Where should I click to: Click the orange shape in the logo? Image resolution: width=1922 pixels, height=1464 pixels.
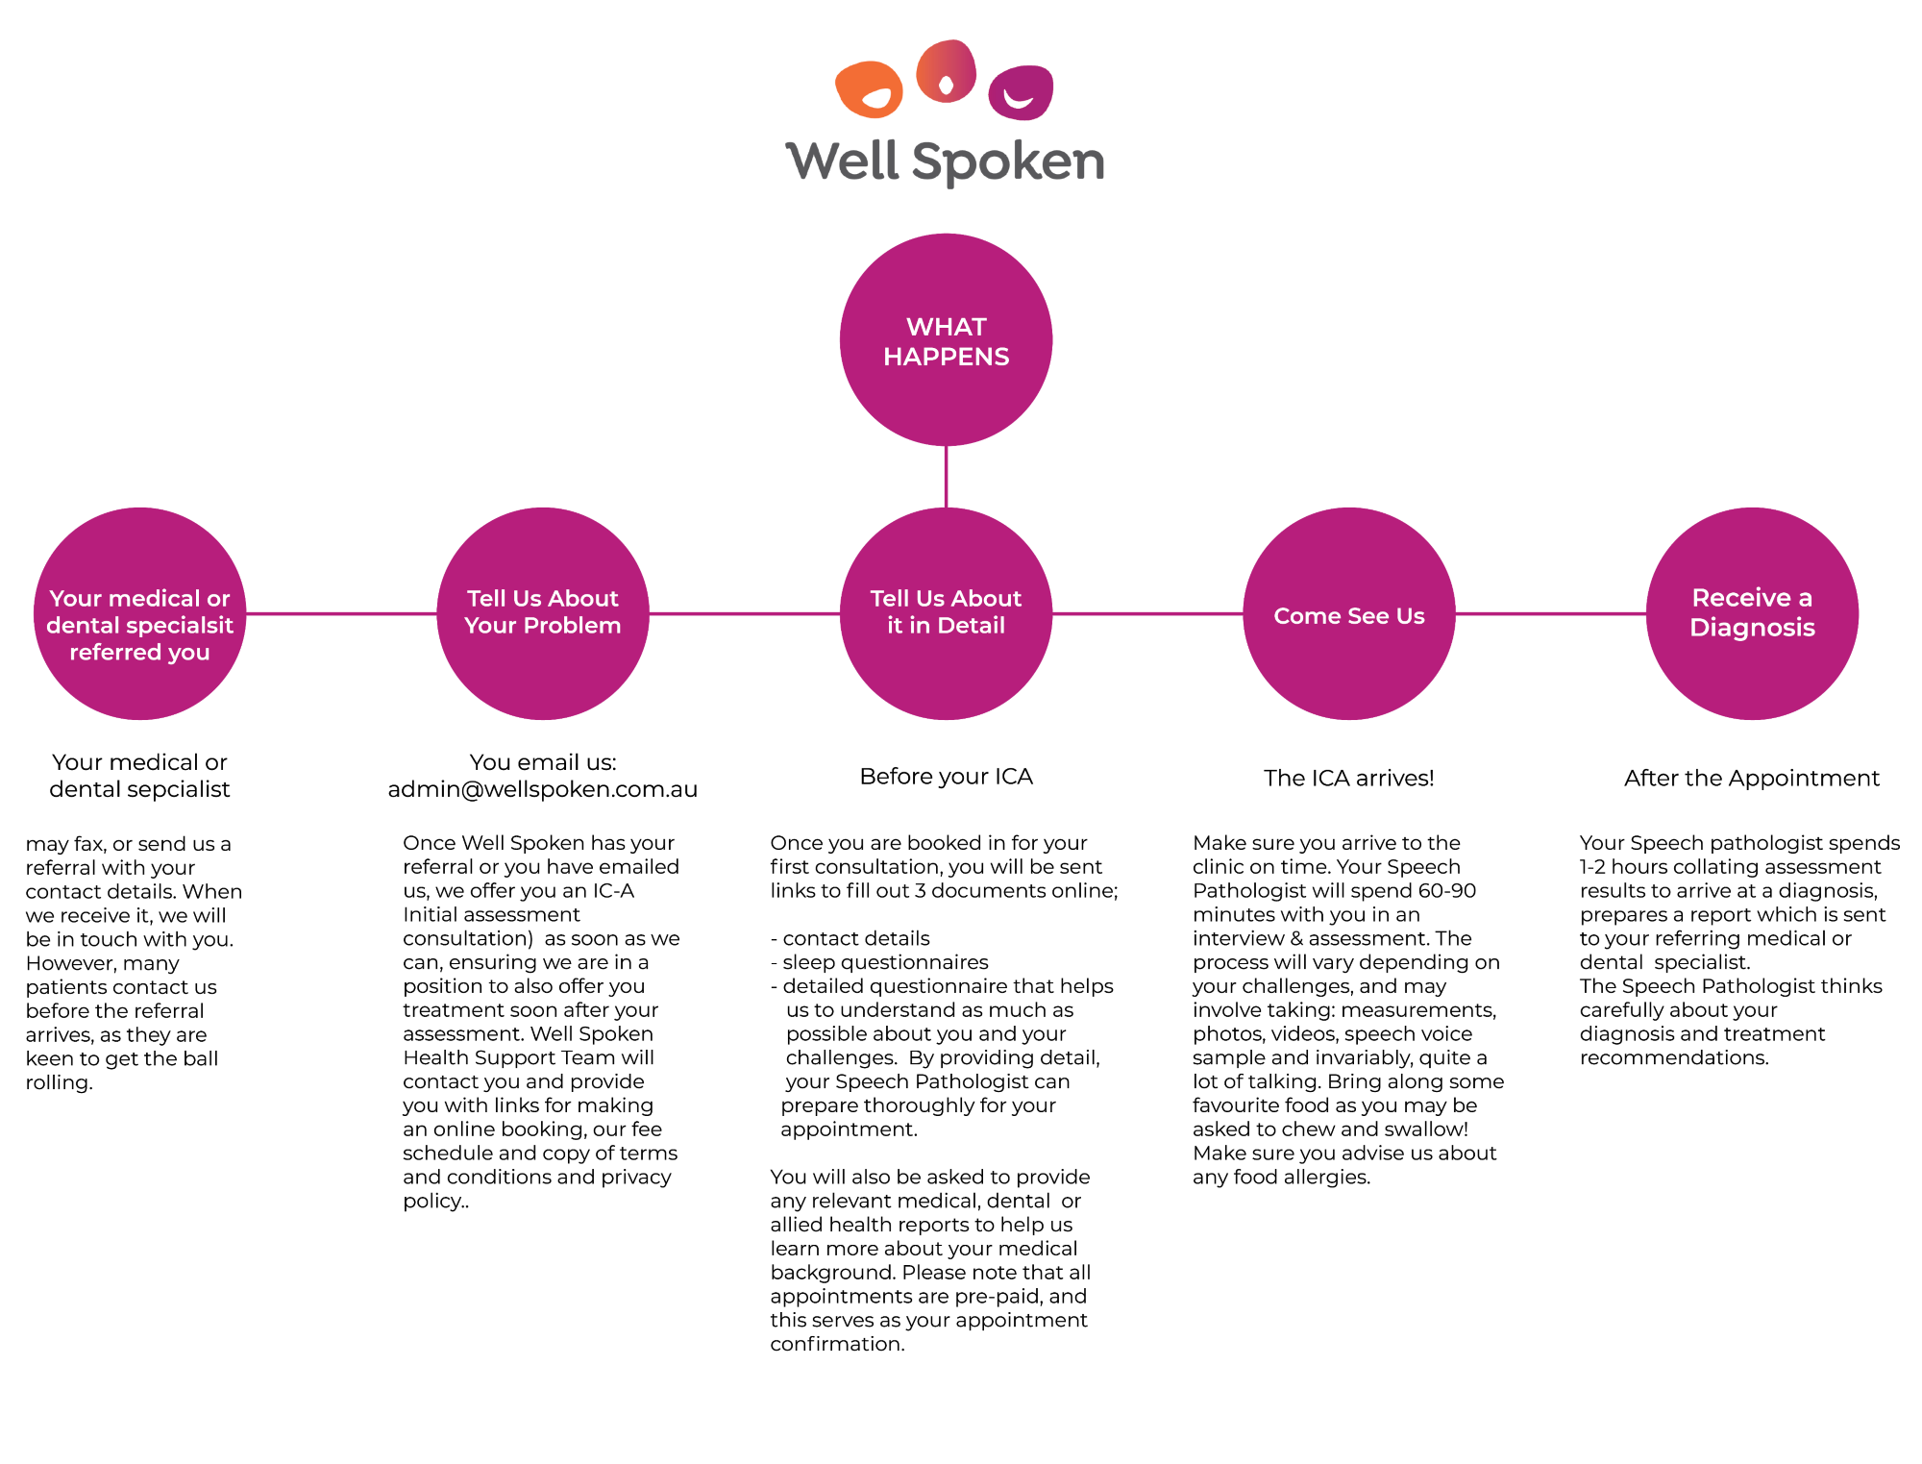868,88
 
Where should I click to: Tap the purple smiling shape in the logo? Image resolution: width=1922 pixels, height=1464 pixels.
1021,92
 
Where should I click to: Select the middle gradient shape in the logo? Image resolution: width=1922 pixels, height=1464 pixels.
946,71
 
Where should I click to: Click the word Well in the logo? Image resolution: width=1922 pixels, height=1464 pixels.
842,161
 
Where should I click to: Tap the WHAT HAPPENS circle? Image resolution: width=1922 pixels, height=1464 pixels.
946,404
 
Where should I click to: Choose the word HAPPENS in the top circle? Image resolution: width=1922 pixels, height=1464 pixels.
946,357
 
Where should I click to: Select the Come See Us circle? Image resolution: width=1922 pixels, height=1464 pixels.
1348,663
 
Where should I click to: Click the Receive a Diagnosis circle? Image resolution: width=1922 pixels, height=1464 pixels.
1752,673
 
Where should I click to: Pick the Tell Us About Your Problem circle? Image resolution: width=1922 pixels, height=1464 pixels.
543,673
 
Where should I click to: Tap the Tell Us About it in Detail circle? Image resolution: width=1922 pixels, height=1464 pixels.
946,673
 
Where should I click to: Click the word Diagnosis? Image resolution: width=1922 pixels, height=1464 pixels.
1752,628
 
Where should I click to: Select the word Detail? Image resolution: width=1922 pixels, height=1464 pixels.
971,625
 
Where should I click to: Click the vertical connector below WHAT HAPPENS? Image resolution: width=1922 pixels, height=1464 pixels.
946,476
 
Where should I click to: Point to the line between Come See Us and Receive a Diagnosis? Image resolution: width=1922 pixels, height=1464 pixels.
1550,613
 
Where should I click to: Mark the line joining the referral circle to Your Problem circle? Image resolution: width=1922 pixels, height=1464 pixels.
341,613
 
